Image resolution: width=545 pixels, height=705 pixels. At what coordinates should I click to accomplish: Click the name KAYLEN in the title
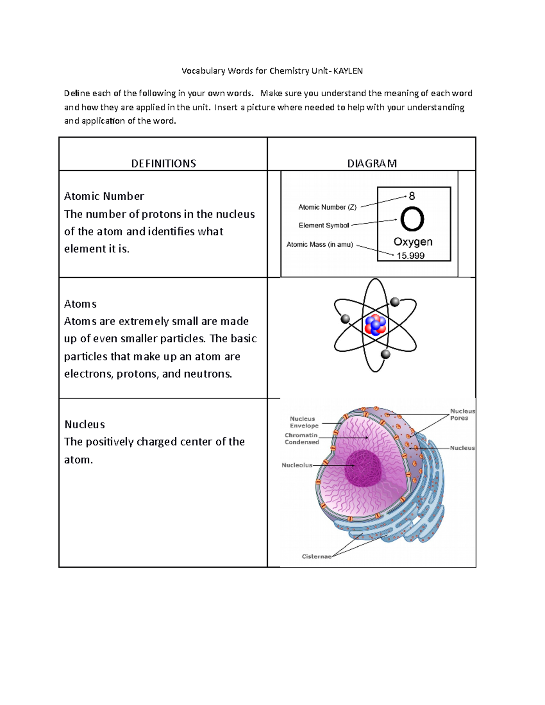click(x=348, y=71)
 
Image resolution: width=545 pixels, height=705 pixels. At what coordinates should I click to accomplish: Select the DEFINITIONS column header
click(x=163, y=163)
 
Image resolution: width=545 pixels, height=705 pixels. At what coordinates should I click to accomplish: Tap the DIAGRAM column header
click(x=372, y=163)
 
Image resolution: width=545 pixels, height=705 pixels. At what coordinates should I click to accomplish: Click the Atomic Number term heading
click(x=104, y=196)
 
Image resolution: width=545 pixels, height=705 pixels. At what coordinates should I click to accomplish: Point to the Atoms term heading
click(x=80, y=304)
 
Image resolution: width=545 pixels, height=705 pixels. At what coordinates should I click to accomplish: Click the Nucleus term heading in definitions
click(x=85, y=424)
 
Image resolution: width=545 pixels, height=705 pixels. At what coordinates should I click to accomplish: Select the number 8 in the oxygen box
click(x=411, y=196)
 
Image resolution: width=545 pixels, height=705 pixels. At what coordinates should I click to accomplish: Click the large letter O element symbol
click(x=412, y=220)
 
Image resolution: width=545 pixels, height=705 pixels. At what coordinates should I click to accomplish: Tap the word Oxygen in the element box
click(x=413, y=242)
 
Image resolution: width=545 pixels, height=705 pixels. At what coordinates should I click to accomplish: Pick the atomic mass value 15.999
click(x=411, y=256)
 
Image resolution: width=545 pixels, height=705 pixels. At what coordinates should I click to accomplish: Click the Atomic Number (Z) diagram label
click(x=327, y=207)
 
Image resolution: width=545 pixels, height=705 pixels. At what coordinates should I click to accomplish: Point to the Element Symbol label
click(x=324, y=225)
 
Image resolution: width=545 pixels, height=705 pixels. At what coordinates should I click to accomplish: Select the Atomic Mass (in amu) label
click(x=320, y=244)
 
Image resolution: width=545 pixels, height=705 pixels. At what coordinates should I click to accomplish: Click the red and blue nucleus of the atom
click(x=376, y=325)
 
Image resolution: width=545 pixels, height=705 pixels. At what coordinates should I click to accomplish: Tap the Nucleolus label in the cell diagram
click(x=297, y=465)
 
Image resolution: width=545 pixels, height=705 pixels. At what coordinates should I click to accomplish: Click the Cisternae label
click(x=317, y=557)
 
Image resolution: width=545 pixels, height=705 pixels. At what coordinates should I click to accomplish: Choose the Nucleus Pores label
click(x=462, y=414)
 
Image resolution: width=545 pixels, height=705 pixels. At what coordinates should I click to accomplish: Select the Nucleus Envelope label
click(x=304, y=422)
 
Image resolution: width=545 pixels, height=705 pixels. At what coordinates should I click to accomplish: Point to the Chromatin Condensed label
click(x=302, y=439)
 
